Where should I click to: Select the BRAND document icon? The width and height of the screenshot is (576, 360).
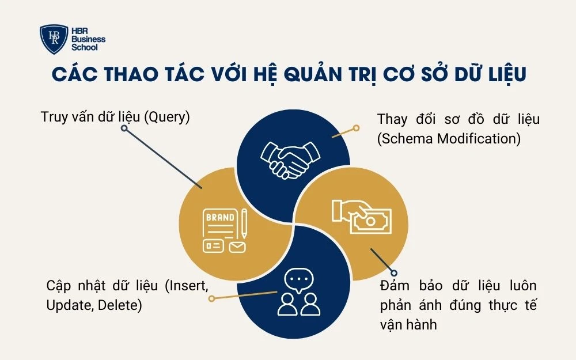click(220, 231)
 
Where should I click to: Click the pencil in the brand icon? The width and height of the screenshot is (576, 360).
click(244, 223)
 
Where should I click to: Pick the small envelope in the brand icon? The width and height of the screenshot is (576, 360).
click(237, 247)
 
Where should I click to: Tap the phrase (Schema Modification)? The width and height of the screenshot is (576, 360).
click(449, 138)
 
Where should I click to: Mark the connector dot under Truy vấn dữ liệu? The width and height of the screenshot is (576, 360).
click(124, 128)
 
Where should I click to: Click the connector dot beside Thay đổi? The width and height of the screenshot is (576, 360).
click(356, 128)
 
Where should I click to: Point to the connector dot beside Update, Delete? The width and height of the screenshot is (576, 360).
click(211, 299)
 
